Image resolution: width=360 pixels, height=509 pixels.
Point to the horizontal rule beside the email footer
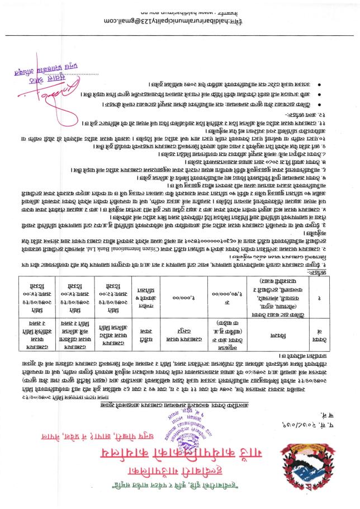tap(184, 35)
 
